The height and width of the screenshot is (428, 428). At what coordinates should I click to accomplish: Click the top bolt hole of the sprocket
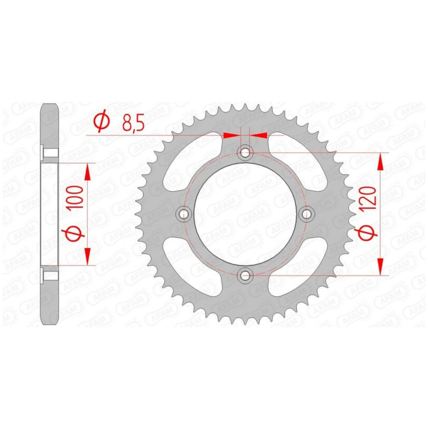245,153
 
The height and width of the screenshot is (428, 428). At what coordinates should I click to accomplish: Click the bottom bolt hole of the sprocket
245,275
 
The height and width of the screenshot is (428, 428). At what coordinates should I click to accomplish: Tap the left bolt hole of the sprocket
184,213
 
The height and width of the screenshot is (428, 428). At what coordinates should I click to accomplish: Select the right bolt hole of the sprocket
306,213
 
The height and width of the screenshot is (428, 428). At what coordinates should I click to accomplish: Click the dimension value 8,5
133,123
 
